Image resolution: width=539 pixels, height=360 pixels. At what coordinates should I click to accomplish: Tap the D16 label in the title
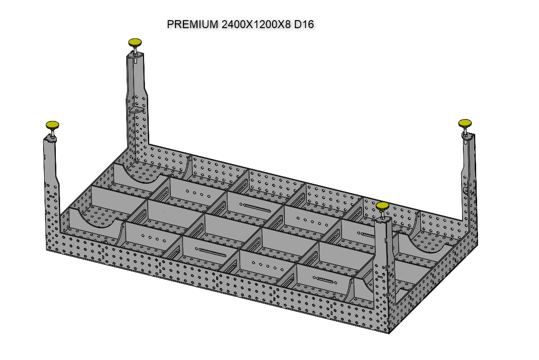(x=304, y=24)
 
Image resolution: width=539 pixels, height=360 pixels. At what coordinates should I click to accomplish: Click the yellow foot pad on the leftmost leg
(x=52, y=125)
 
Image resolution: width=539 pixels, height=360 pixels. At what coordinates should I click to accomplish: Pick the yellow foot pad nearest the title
(x=135, y=42)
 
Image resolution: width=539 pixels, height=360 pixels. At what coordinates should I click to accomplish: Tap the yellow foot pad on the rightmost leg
(x=464, y=123)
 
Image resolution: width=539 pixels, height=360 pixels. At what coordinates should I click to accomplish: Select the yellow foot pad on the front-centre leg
(x=382, y=205)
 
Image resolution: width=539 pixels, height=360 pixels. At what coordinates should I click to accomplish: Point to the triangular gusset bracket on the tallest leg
(x=137, y=109)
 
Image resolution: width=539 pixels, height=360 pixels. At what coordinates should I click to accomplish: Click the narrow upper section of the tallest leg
(x=137, y=75)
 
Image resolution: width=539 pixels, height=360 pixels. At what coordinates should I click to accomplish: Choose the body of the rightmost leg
(x=470, y=173)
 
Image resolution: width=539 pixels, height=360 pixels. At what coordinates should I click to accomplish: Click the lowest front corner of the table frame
(x=389, y=333)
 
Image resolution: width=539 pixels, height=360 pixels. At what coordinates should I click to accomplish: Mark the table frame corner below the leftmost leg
(x=48, y=248)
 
